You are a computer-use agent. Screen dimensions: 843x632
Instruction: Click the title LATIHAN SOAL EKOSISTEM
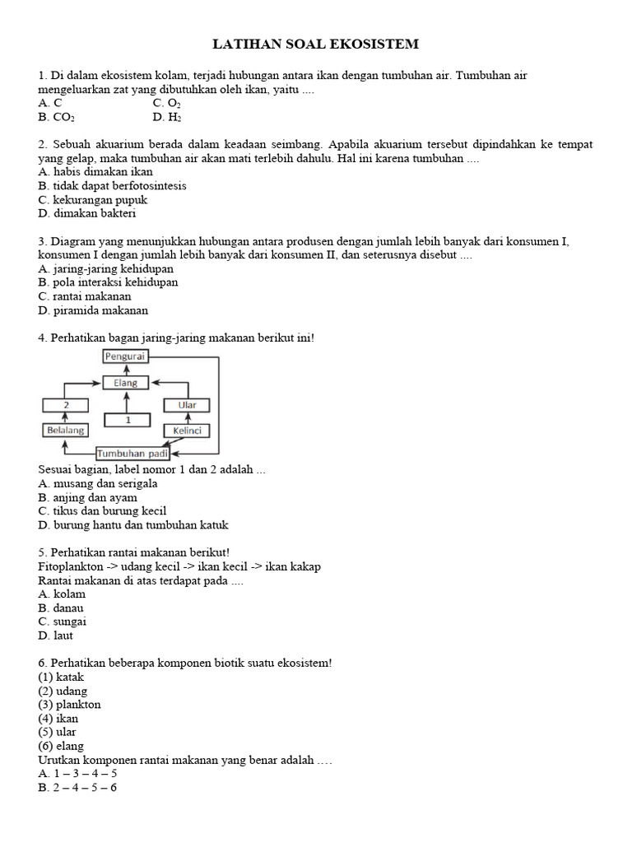[x=316, y=44]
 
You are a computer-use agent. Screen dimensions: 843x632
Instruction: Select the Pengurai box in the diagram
[x=125, y=356]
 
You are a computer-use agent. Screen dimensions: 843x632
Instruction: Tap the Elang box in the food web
[x=125, y=383]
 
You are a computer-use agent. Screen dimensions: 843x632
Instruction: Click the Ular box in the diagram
[x=188, y=405]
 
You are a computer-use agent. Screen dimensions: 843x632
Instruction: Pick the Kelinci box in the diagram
[x=188, y=431]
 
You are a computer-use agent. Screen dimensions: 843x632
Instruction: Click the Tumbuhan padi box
[x=132, y=454]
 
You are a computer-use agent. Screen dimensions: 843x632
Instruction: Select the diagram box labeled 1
[x=127, y=420]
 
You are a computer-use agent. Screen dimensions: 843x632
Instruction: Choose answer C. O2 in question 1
[x=166, y=104]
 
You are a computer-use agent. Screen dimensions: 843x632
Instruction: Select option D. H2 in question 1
[x=167, y=118]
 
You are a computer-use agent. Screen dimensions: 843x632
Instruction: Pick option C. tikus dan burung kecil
[x=102, y=511]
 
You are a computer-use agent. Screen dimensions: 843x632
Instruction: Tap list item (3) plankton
[x=69, y=705]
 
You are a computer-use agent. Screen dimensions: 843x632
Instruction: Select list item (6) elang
[x=63, y=747]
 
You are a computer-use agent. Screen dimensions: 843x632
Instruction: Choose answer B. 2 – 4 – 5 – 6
[x=77, y=788]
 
